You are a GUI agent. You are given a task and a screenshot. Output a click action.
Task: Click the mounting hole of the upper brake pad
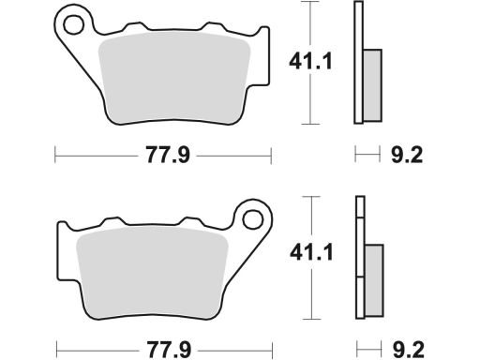73,24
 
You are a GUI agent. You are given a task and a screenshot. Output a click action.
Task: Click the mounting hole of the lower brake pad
252,218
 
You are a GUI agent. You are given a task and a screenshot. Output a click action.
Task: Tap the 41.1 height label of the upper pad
310,62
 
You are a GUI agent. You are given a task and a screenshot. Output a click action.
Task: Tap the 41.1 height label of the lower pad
311,252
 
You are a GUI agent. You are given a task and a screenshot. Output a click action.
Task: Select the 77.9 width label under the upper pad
168,155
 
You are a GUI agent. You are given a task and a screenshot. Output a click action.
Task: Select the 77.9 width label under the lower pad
169,350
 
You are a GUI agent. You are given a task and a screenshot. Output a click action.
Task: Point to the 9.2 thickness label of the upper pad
407,155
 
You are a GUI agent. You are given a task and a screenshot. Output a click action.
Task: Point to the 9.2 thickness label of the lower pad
408,350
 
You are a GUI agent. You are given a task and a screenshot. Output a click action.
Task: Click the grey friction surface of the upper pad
174,77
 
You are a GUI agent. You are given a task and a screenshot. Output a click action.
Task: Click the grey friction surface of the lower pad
152,272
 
